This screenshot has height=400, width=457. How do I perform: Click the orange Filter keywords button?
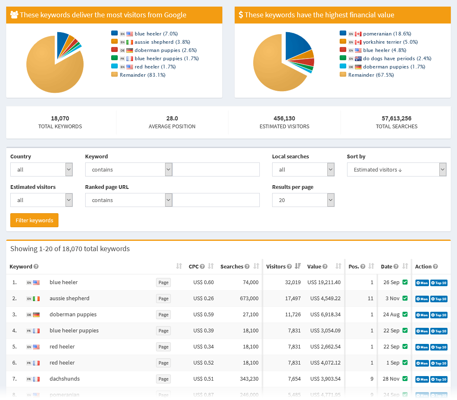coord(34,220)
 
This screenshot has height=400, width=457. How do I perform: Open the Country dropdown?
coord(41,169)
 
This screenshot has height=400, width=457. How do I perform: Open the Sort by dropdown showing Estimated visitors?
coord(396,169)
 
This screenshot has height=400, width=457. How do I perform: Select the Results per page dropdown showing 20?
coord(303,200)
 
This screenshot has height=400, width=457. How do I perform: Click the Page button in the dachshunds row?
coord(163,379)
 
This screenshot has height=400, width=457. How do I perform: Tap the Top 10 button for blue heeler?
coord(438,283)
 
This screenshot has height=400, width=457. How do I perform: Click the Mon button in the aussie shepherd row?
coord(422,299)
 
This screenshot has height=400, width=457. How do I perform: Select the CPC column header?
coord(194,266)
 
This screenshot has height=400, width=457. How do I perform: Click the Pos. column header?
coord(354,266)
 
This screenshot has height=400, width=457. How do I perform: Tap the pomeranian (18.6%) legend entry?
coord(387,34)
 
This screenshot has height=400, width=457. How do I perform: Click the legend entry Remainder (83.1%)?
coord(142,75)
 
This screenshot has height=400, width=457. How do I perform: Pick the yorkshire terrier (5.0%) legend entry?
coord(390,42)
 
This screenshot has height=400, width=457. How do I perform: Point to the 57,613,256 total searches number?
coord(396,118)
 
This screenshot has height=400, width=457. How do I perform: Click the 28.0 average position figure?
coord(172,118)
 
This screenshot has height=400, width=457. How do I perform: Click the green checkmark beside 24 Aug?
coord(405,314)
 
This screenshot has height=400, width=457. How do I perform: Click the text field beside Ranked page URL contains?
coord(216,200)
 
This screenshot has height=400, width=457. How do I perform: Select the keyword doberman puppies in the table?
coord(73,315)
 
